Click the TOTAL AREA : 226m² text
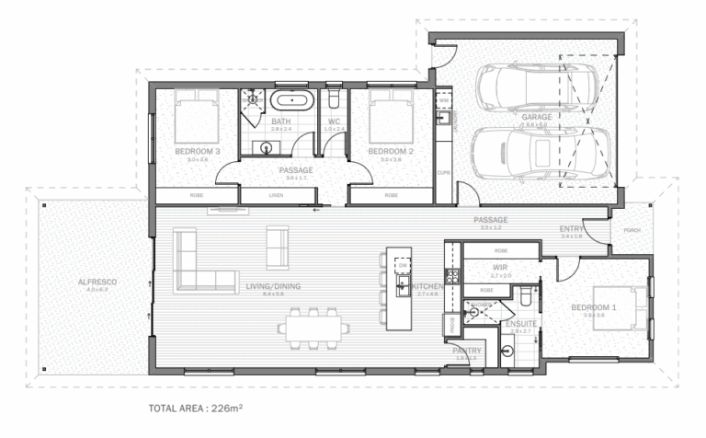coord(195,407)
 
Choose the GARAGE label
coord(537,118)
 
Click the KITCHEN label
coord(427,287)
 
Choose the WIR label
coord(500,268)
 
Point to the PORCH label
coord(632,231)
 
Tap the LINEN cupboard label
coord(276,195)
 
